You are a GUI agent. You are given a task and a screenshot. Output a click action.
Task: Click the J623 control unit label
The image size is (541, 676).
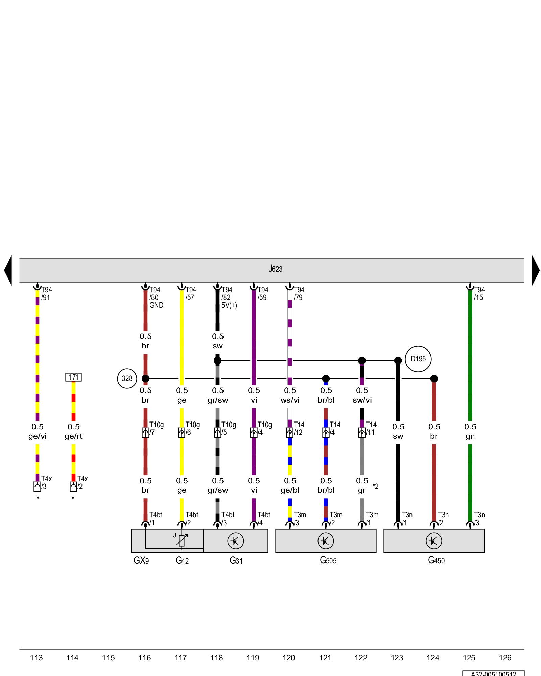[275, 269]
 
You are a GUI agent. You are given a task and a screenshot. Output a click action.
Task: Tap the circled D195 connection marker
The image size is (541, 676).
[418, 359]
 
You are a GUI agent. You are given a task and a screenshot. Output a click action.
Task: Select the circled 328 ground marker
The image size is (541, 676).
[127, 379]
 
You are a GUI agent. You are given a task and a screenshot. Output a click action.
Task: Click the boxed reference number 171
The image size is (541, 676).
[73, 377]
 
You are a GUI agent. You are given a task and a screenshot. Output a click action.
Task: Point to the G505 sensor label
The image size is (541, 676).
[328, 560]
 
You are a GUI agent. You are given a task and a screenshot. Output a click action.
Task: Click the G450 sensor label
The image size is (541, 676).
[436, 560]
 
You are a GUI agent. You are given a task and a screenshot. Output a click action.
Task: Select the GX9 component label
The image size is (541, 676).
[141, 560]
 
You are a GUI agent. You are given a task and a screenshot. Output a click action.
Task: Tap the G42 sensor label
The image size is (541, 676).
[182, 560]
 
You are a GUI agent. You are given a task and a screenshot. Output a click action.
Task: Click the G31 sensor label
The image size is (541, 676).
[236, 560]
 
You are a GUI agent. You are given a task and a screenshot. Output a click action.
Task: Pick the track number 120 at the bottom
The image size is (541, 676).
[289, 658]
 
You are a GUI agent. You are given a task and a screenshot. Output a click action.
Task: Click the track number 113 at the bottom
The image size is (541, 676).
[37, 658]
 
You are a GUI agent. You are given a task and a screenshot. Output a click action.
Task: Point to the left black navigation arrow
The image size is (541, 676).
[8, 270]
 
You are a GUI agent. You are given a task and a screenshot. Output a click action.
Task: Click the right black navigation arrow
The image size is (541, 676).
[536, 270]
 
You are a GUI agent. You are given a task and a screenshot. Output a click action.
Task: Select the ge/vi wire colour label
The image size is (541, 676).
[38, 436]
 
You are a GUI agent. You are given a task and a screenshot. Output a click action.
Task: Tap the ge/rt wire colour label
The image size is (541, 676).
[73, 436]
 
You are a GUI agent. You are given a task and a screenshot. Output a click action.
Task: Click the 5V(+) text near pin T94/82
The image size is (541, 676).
[229, 305]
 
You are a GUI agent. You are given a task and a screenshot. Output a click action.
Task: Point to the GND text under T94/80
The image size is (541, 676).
[156, 305]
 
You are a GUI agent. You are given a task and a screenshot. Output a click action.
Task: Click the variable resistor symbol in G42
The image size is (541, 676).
[182, 541]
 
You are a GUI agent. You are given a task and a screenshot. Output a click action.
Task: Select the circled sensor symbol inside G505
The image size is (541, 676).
[326, 541]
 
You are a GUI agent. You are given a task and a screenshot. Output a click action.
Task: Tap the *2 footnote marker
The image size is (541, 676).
[376, 486]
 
